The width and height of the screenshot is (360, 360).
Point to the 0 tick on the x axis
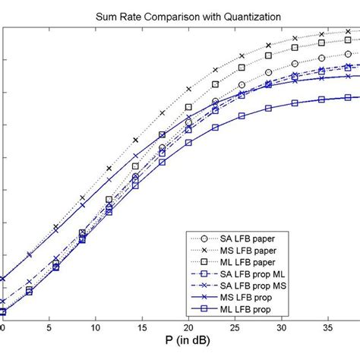click(x=2, y=328)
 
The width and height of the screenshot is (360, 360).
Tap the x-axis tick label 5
click(x=49, y=328)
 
